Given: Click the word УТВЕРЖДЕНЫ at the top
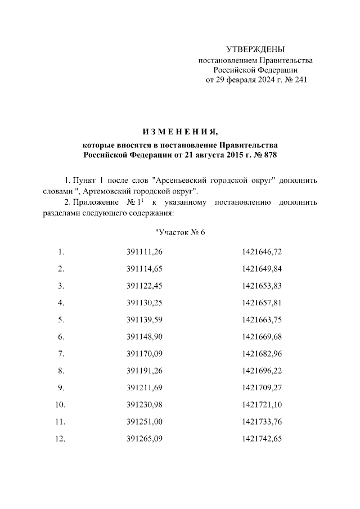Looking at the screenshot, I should click(255, 49).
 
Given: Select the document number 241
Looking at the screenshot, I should click(301, 80).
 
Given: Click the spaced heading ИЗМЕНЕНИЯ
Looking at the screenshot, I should click(179, 132).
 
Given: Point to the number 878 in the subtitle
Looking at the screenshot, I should click(270, 154).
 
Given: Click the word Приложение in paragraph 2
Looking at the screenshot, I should click(95, 202).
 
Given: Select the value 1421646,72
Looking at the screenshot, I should click(262, 251).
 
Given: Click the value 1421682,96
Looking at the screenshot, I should click(262, 354).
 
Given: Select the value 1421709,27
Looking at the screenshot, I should click(262, 388).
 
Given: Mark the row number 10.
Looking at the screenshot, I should click(60, 404).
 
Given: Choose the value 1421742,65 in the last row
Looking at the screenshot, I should click(262, 439).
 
